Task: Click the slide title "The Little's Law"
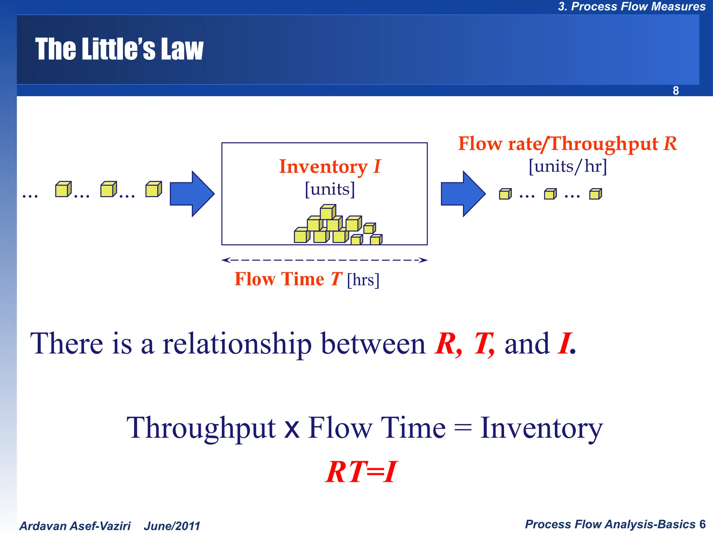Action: click(119, 49)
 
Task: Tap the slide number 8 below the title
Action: click(675, 91)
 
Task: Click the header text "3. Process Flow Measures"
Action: click(632, 7)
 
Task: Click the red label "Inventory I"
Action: click(330, 166)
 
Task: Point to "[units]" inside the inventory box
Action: click(330, 189)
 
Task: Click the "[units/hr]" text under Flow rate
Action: click(567, 166)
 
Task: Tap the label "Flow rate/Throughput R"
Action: click(567, 144)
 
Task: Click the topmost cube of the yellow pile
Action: click(327, 212)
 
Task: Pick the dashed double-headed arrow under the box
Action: click(324, 260)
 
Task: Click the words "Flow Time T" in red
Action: click(288, 279)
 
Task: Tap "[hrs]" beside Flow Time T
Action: click(363, 280)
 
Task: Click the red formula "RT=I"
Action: click(361, 472)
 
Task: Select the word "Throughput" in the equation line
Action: click(201, 428)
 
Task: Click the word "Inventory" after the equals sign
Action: click(541, 428)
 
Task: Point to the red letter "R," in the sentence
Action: click(448, 344)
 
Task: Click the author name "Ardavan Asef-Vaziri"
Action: click(75, 526)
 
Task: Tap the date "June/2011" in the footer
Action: click(172, 526)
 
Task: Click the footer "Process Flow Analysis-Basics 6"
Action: click(615, 524)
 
